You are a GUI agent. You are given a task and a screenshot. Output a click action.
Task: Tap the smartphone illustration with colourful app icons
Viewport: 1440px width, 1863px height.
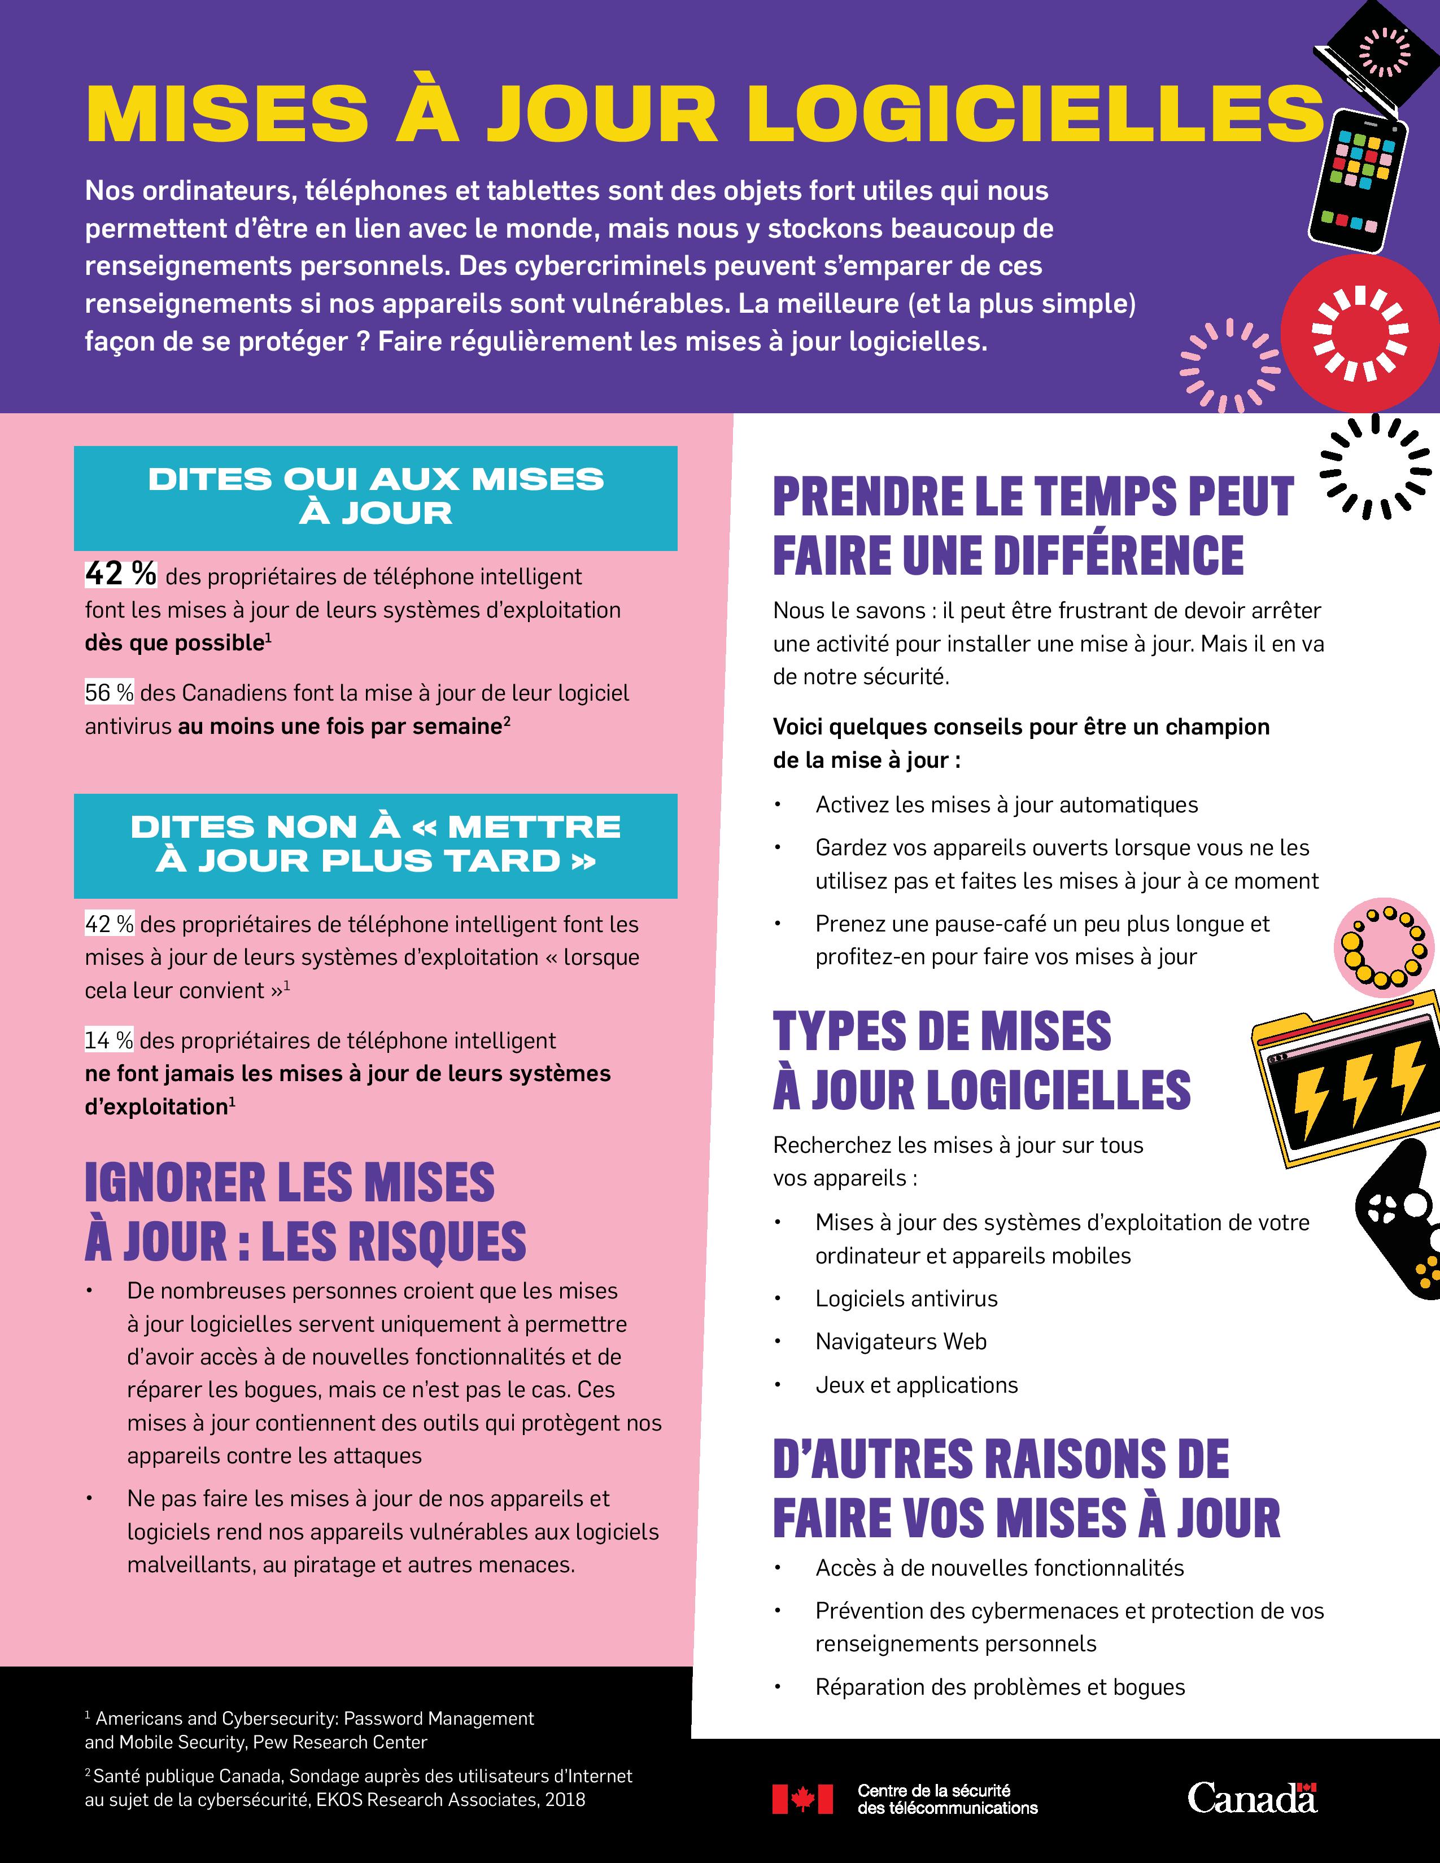1356,181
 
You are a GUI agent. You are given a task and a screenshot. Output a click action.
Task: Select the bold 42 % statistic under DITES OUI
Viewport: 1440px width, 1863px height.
120,574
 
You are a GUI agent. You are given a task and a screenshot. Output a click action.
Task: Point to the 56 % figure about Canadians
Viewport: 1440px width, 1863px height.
109,693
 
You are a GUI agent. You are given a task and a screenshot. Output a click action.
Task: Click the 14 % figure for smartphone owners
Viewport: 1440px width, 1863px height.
109,1040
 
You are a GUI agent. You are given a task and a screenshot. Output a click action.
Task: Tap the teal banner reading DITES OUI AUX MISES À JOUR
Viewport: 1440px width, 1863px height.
376,497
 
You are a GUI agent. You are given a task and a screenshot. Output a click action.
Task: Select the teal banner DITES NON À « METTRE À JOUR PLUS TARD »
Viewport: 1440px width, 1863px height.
376,845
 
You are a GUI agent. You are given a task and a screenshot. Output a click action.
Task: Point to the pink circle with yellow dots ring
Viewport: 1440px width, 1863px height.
1381,948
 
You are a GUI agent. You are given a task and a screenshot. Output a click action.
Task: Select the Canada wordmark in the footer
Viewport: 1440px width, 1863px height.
1253,1798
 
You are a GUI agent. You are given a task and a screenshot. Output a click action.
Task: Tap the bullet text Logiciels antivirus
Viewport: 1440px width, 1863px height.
906,1299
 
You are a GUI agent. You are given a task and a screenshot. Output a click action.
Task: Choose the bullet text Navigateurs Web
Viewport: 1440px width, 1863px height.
901,1342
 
